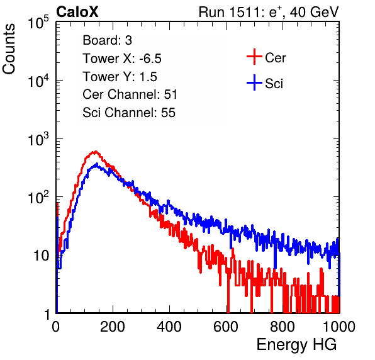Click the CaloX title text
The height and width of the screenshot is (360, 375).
point(77,12)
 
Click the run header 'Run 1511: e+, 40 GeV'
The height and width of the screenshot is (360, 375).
point(269,12)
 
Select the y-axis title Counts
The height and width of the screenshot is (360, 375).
point(9,49)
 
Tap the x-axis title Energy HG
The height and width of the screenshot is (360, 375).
point(296,344)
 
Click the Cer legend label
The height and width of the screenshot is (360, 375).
point(275,58)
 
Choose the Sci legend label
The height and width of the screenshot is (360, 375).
point(274,84)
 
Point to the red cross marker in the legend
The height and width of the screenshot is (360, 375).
point(254,57)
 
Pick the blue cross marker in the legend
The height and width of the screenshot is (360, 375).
point(254,82)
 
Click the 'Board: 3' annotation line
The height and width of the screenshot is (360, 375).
point(107,40)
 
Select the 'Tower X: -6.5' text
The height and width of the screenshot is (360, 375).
point(122,59)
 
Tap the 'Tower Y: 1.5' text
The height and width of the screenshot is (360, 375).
point(120,77)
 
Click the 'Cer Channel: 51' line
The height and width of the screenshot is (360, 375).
point(130,94)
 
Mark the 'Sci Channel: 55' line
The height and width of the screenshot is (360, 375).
point(129,113)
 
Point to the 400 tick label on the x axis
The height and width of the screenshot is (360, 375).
point(169,327)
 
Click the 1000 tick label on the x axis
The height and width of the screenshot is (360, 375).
point(339,327)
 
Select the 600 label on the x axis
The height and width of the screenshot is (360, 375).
point(226,327)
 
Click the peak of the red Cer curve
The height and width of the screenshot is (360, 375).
point(96,152)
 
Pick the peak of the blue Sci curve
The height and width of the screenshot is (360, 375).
point(97,164)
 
